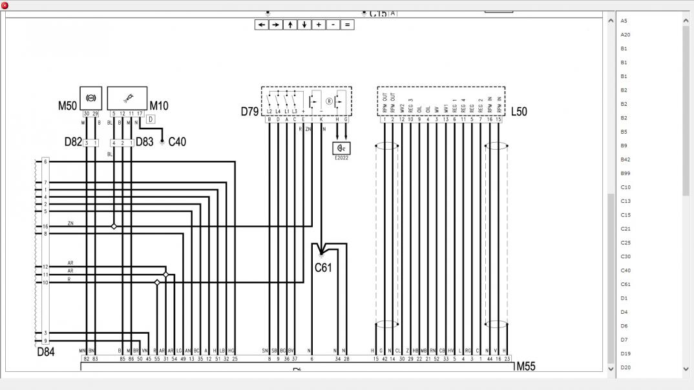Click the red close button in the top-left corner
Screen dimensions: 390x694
(5, 5)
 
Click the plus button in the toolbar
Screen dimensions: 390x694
(319, 25)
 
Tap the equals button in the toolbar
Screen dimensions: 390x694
(347, 25)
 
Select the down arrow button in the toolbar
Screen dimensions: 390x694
(304, 25)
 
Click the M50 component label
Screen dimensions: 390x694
(68, 106)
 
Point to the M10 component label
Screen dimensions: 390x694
(159, 106)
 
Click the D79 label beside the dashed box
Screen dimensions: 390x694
(250, 112)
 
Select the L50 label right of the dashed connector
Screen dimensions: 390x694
(519, 112)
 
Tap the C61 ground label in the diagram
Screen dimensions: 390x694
(323, 267)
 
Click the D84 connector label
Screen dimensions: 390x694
(46, 352)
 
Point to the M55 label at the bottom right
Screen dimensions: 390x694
(526, 367)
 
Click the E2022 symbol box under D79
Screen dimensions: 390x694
(341, 149)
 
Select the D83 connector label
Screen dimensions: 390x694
(145, 142)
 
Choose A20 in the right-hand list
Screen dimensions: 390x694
(626, 35)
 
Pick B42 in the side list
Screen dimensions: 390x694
(626, 159)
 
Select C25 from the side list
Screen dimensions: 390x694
(626, 243)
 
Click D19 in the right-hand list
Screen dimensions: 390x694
(626, 354)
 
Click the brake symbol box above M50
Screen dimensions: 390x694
(90, 97)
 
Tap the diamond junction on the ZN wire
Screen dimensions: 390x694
(114, 227)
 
